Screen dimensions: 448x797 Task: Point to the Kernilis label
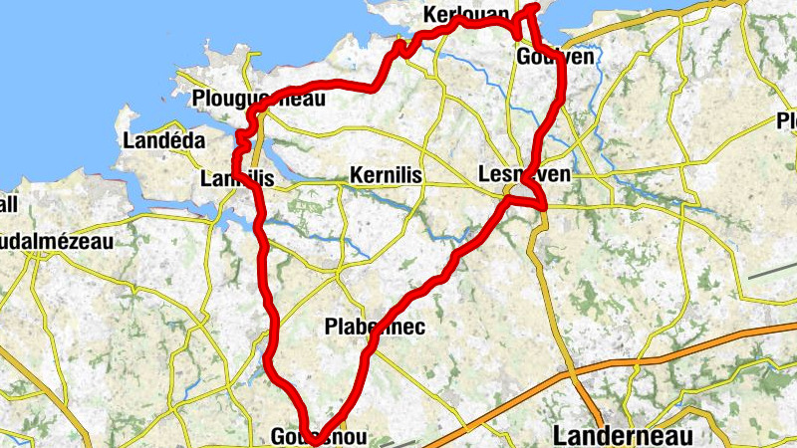point(387,175)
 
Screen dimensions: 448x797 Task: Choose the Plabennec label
point(375,326)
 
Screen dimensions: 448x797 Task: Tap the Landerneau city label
point(620,435)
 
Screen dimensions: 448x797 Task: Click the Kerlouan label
point(466,14)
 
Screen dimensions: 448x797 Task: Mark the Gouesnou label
point(319,437)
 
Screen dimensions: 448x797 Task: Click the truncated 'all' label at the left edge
point(9,204)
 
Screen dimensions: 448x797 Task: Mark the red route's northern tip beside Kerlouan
point(536,7)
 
